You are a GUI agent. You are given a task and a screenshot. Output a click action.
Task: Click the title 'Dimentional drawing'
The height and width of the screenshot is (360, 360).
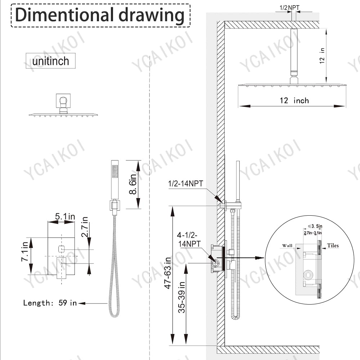[x=100, y=15]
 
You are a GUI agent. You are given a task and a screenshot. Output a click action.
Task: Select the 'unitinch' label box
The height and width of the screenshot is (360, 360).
[x=50, y=61]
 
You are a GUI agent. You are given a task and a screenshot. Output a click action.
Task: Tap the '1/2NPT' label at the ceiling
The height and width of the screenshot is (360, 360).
[x=289, y=8]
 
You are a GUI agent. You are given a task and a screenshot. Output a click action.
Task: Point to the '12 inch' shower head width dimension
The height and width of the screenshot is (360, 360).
[x=294, y=100]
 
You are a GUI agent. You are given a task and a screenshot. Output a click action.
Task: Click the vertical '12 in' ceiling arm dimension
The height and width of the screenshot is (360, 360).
[x=322, y=55]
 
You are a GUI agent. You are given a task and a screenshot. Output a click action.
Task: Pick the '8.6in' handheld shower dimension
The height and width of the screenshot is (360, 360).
[x=133, y=184]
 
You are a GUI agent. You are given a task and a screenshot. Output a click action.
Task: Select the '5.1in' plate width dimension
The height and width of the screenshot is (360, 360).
[x=65, y=216]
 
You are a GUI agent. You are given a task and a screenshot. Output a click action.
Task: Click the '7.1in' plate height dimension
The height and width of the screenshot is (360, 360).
[x=24, y=251]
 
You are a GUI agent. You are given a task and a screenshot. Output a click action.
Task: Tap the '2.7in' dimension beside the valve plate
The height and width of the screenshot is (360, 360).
[x=85, y=227]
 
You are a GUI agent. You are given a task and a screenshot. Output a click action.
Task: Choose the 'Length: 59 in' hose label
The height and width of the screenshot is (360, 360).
[x=50, y=303]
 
